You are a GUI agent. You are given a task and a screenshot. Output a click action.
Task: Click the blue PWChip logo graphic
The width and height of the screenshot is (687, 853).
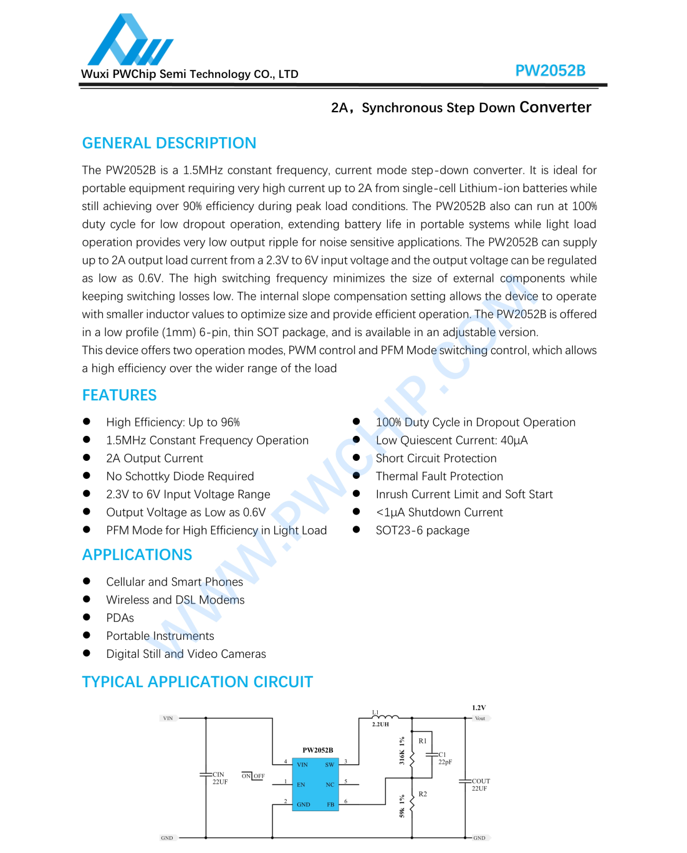click(130, 41)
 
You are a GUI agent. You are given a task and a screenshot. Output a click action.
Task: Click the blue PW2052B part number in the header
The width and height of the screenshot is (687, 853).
click(550, 71)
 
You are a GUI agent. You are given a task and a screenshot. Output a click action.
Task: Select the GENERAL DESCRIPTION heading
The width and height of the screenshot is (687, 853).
click(169, 143)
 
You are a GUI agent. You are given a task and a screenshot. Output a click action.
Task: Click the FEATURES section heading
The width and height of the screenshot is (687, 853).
click(119, 395)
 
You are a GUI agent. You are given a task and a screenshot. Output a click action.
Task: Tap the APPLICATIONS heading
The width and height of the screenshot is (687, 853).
click(137, 555)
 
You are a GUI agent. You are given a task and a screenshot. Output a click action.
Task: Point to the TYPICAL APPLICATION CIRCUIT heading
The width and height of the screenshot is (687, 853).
click(197, 682)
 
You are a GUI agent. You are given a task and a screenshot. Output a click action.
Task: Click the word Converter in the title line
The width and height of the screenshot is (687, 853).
click(555, 108)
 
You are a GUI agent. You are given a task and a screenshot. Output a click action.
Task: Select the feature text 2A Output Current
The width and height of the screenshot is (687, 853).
click(155, 458)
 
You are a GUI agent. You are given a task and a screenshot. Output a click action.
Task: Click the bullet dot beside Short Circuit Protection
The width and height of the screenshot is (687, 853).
click(357, 458)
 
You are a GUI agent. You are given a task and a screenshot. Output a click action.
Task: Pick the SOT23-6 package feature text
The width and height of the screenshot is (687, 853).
click(422, 531)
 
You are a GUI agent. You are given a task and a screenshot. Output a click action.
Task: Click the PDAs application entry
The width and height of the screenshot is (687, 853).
click(120, 618)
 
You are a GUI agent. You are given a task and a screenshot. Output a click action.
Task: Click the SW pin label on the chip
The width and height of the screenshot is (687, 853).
click(329, 764)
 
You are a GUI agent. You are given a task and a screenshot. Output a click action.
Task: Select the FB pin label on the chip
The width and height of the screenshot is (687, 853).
click(330, 804)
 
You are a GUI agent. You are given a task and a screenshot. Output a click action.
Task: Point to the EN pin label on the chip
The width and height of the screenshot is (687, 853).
click(301, 784)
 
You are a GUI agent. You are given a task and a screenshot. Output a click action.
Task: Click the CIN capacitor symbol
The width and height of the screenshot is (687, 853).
click(206, 774)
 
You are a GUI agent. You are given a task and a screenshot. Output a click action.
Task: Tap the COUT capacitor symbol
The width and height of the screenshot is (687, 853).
click(465, 781)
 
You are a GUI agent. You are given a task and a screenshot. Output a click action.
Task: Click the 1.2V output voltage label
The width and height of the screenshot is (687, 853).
click(479, 708)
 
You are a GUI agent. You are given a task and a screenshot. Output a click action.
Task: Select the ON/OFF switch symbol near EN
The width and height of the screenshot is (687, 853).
click(253, 776)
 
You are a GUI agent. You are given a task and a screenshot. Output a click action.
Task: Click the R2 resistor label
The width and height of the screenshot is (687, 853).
click(423, 794)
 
